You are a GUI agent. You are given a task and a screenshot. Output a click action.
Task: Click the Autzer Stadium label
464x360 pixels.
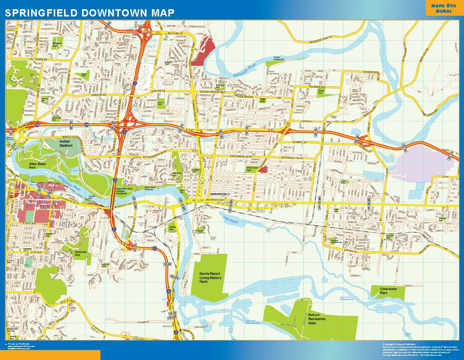[x=66, y=143]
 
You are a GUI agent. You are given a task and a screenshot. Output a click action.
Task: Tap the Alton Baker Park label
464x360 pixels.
[x=38, y=165]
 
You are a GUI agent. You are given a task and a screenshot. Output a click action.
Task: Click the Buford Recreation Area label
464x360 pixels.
[x=317, y=319]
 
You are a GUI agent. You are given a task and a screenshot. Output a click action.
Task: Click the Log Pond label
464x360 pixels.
[x=230, y=220]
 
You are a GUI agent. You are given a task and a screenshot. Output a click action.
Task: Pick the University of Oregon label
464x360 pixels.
[x=41, y=204]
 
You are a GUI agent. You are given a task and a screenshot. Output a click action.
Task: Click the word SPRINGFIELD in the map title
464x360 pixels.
[x=38, y=13]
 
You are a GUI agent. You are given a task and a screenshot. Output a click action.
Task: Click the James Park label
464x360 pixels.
[x=172, y=228]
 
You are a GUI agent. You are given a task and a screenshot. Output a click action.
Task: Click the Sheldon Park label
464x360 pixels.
[x=58, y=44]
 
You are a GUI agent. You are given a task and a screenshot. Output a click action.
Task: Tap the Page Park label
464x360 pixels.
[x=263, y=100]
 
